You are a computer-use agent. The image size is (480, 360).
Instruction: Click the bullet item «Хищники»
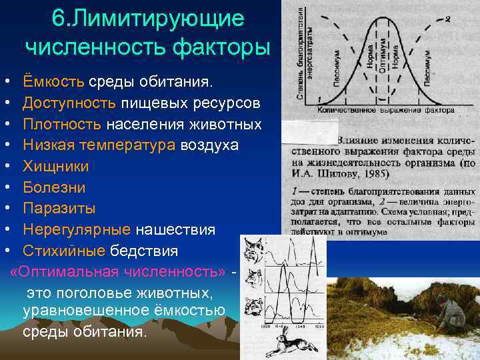coord(55,166)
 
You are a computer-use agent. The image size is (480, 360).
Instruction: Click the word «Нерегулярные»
coord(76,230)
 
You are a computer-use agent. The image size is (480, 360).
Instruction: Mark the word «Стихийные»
coord(64,251)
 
